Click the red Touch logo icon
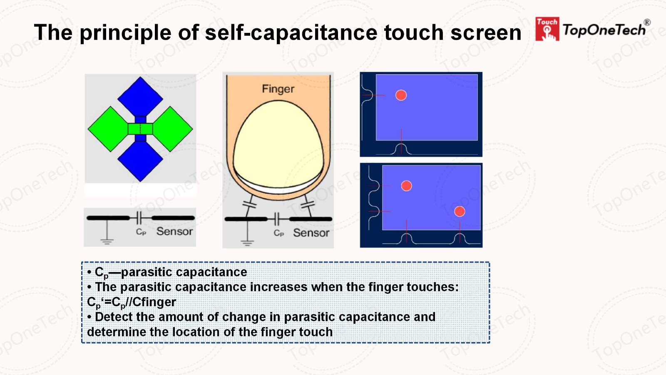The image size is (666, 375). point(547,29)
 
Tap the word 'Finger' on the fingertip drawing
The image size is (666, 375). point(278,89)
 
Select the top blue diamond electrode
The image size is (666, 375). point(140,96)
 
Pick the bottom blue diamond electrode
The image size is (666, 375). point(140,161)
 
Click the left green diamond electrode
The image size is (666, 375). point(108,129)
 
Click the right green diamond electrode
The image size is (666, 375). point(173,129)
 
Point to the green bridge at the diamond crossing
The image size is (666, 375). point(140,129)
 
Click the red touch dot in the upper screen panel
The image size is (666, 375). point(401,95)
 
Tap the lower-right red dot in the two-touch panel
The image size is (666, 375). point(460,211)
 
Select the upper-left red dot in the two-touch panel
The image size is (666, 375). point(406,186)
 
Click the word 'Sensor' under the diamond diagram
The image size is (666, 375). point(174,231)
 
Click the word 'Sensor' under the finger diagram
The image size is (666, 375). point(311,233)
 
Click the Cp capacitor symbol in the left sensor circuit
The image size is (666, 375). point(139,218)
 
